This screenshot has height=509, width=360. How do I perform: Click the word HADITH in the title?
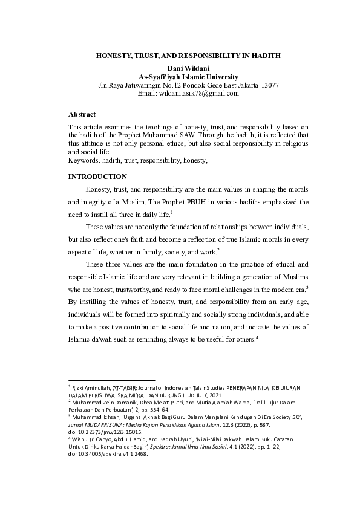point(265,55)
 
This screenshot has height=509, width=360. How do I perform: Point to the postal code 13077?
point(266,86)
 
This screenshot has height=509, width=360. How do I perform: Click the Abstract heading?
point(82,114)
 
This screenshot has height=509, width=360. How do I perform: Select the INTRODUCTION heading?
point(97,177)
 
